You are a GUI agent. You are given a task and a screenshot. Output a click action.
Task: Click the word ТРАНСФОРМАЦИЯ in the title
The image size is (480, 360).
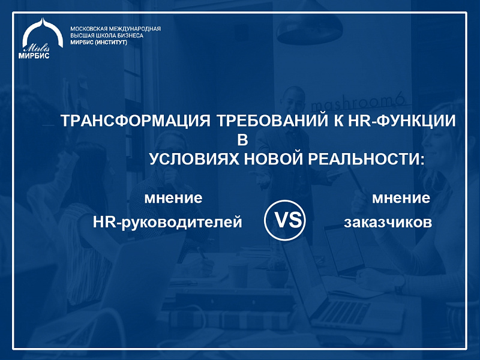[136, 121]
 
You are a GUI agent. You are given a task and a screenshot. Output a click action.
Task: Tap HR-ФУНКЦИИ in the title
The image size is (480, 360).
[401, 121]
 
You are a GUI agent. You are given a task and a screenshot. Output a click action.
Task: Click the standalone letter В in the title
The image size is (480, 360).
[242, 140]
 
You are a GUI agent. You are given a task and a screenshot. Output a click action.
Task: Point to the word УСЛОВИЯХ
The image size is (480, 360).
[194, 159]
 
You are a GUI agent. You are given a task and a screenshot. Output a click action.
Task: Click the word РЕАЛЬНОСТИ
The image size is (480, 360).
[367, 159]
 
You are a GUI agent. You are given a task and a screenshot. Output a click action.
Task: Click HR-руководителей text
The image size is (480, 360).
[167, 222]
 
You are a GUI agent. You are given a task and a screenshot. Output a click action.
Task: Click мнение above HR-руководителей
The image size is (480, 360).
[173, 198]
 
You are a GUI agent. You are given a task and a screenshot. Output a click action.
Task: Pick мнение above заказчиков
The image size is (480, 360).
[401, 198]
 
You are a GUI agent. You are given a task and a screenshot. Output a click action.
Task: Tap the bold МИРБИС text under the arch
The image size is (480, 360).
[34, 56]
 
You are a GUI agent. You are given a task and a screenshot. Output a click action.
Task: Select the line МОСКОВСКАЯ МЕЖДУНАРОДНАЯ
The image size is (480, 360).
[115, 29]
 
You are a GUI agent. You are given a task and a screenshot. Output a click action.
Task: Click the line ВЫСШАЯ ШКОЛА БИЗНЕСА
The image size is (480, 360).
[107, 35]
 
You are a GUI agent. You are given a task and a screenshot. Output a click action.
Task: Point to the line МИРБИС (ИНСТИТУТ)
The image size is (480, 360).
[98, 43]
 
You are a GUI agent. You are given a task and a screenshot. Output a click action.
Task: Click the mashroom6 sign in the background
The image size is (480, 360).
[358, 103]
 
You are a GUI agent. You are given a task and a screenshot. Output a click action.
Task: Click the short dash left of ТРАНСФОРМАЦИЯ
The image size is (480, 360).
[48, 125]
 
